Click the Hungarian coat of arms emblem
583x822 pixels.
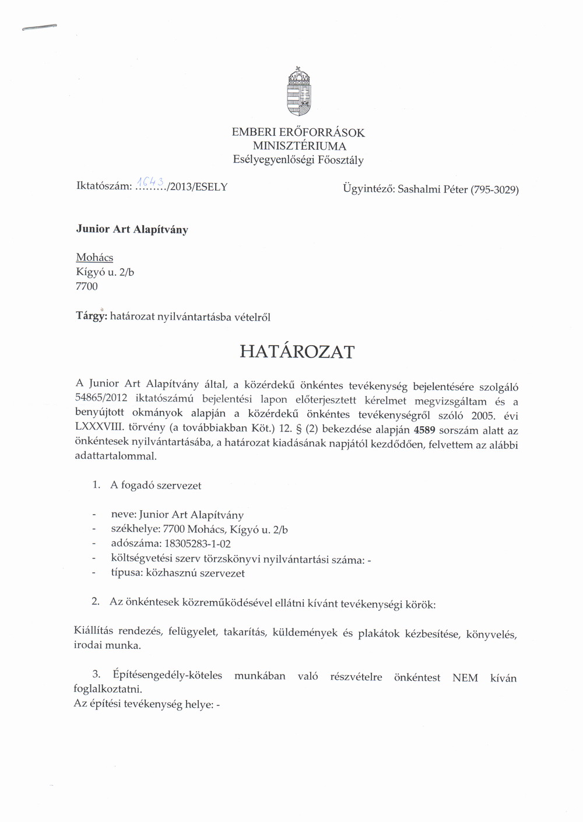pyautogui.click(x=298, y=92)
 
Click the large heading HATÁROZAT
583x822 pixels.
pyautogui.click(x=297, y=352)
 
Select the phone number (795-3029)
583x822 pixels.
pyautogui.click(x=494, y=189)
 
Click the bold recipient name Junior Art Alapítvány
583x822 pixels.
pyautogui.click(x=132, y=229)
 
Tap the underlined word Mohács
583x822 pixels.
pyautogui.click(x=94, y=257)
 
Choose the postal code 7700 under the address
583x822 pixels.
pyautogui.click(x=87, y=286)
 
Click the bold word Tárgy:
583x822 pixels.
pyautogui.click(x=92, y=317)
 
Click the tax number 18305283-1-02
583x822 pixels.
pyautogui.click(x=198, y=544)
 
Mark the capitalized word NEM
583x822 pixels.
pyautogui.click(x=465, y=677)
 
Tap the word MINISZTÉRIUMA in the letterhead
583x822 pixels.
pyautogui.click(x=299, y=146)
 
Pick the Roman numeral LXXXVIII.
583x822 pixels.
pyautogui.click(x=100, y=427)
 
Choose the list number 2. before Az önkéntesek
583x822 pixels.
pyautogui.click(x=96, y=601)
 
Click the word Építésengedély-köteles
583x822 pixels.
pyautogui.click(x=167, y=675)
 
